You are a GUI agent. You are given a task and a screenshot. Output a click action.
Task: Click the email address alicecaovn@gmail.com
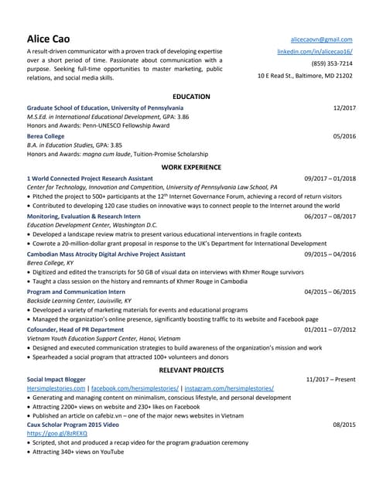point(321,39)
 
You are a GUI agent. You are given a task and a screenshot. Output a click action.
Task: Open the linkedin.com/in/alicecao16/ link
point(315,51)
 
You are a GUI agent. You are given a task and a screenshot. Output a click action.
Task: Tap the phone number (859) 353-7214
point(332,63)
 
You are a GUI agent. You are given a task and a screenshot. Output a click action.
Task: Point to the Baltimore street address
point(305,76)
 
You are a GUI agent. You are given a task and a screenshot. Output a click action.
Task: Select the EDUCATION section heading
point(191,96)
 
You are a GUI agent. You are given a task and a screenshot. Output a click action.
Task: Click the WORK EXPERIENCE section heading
point(191,167)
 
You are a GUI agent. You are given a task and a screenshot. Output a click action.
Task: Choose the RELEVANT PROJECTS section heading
point(191,370)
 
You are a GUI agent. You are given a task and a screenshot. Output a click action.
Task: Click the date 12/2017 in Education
point(344,108)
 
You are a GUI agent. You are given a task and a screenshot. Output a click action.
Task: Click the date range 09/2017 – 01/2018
point(330,179)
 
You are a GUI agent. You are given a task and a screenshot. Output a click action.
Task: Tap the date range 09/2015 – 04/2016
point(330,254)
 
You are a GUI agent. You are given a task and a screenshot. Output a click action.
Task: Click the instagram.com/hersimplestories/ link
point(228,388)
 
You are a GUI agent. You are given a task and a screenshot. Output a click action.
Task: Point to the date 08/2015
point(344,425)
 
